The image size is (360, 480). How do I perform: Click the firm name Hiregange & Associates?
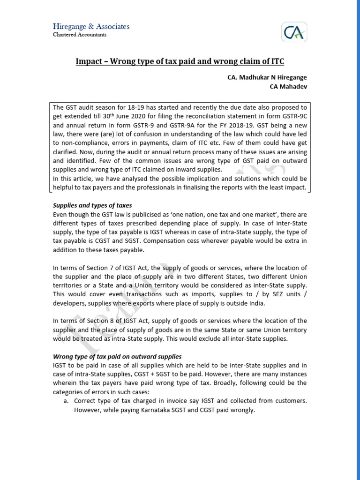pyautogui.click(x=90, y=27)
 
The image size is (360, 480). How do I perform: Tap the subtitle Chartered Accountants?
pyautogui.click(x=80, y=35)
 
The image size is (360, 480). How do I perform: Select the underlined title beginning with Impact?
pyautogui.click(x=180, y=62)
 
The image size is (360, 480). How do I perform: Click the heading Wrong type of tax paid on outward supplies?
pyautogui.click(x=117, y=356)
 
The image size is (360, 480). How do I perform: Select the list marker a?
pyautogui.click(x=66, y=401)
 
